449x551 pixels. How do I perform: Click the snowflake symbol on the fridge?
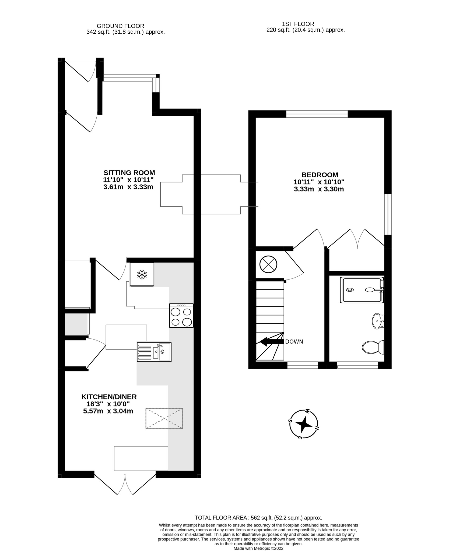coord(142,275)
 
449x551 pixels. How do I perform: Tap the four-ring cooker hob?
coord(181,315)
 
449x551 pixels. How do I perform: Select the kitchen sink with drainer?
coord(154,352)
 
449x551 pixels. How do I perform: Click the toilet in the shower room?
coord(373,347)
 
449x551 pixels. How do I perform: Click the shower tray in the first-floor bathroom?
coord(362,290)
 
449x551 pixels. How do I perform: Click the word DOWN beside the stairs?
coord(294,342)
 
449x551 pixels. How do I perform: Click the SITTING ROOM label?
coord(129,172)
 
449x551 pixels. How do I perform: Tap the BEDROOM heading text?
coord(320,175)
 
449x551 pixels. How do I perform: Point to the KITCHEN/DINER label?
coord(109,397)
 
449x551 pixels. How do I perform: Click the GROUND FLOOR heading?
coord(120,26)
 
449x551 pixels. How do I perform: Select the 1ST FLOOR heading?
coord(298,24)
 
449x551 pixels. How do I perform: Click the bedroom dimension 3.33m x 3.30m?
coord(319,189)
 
